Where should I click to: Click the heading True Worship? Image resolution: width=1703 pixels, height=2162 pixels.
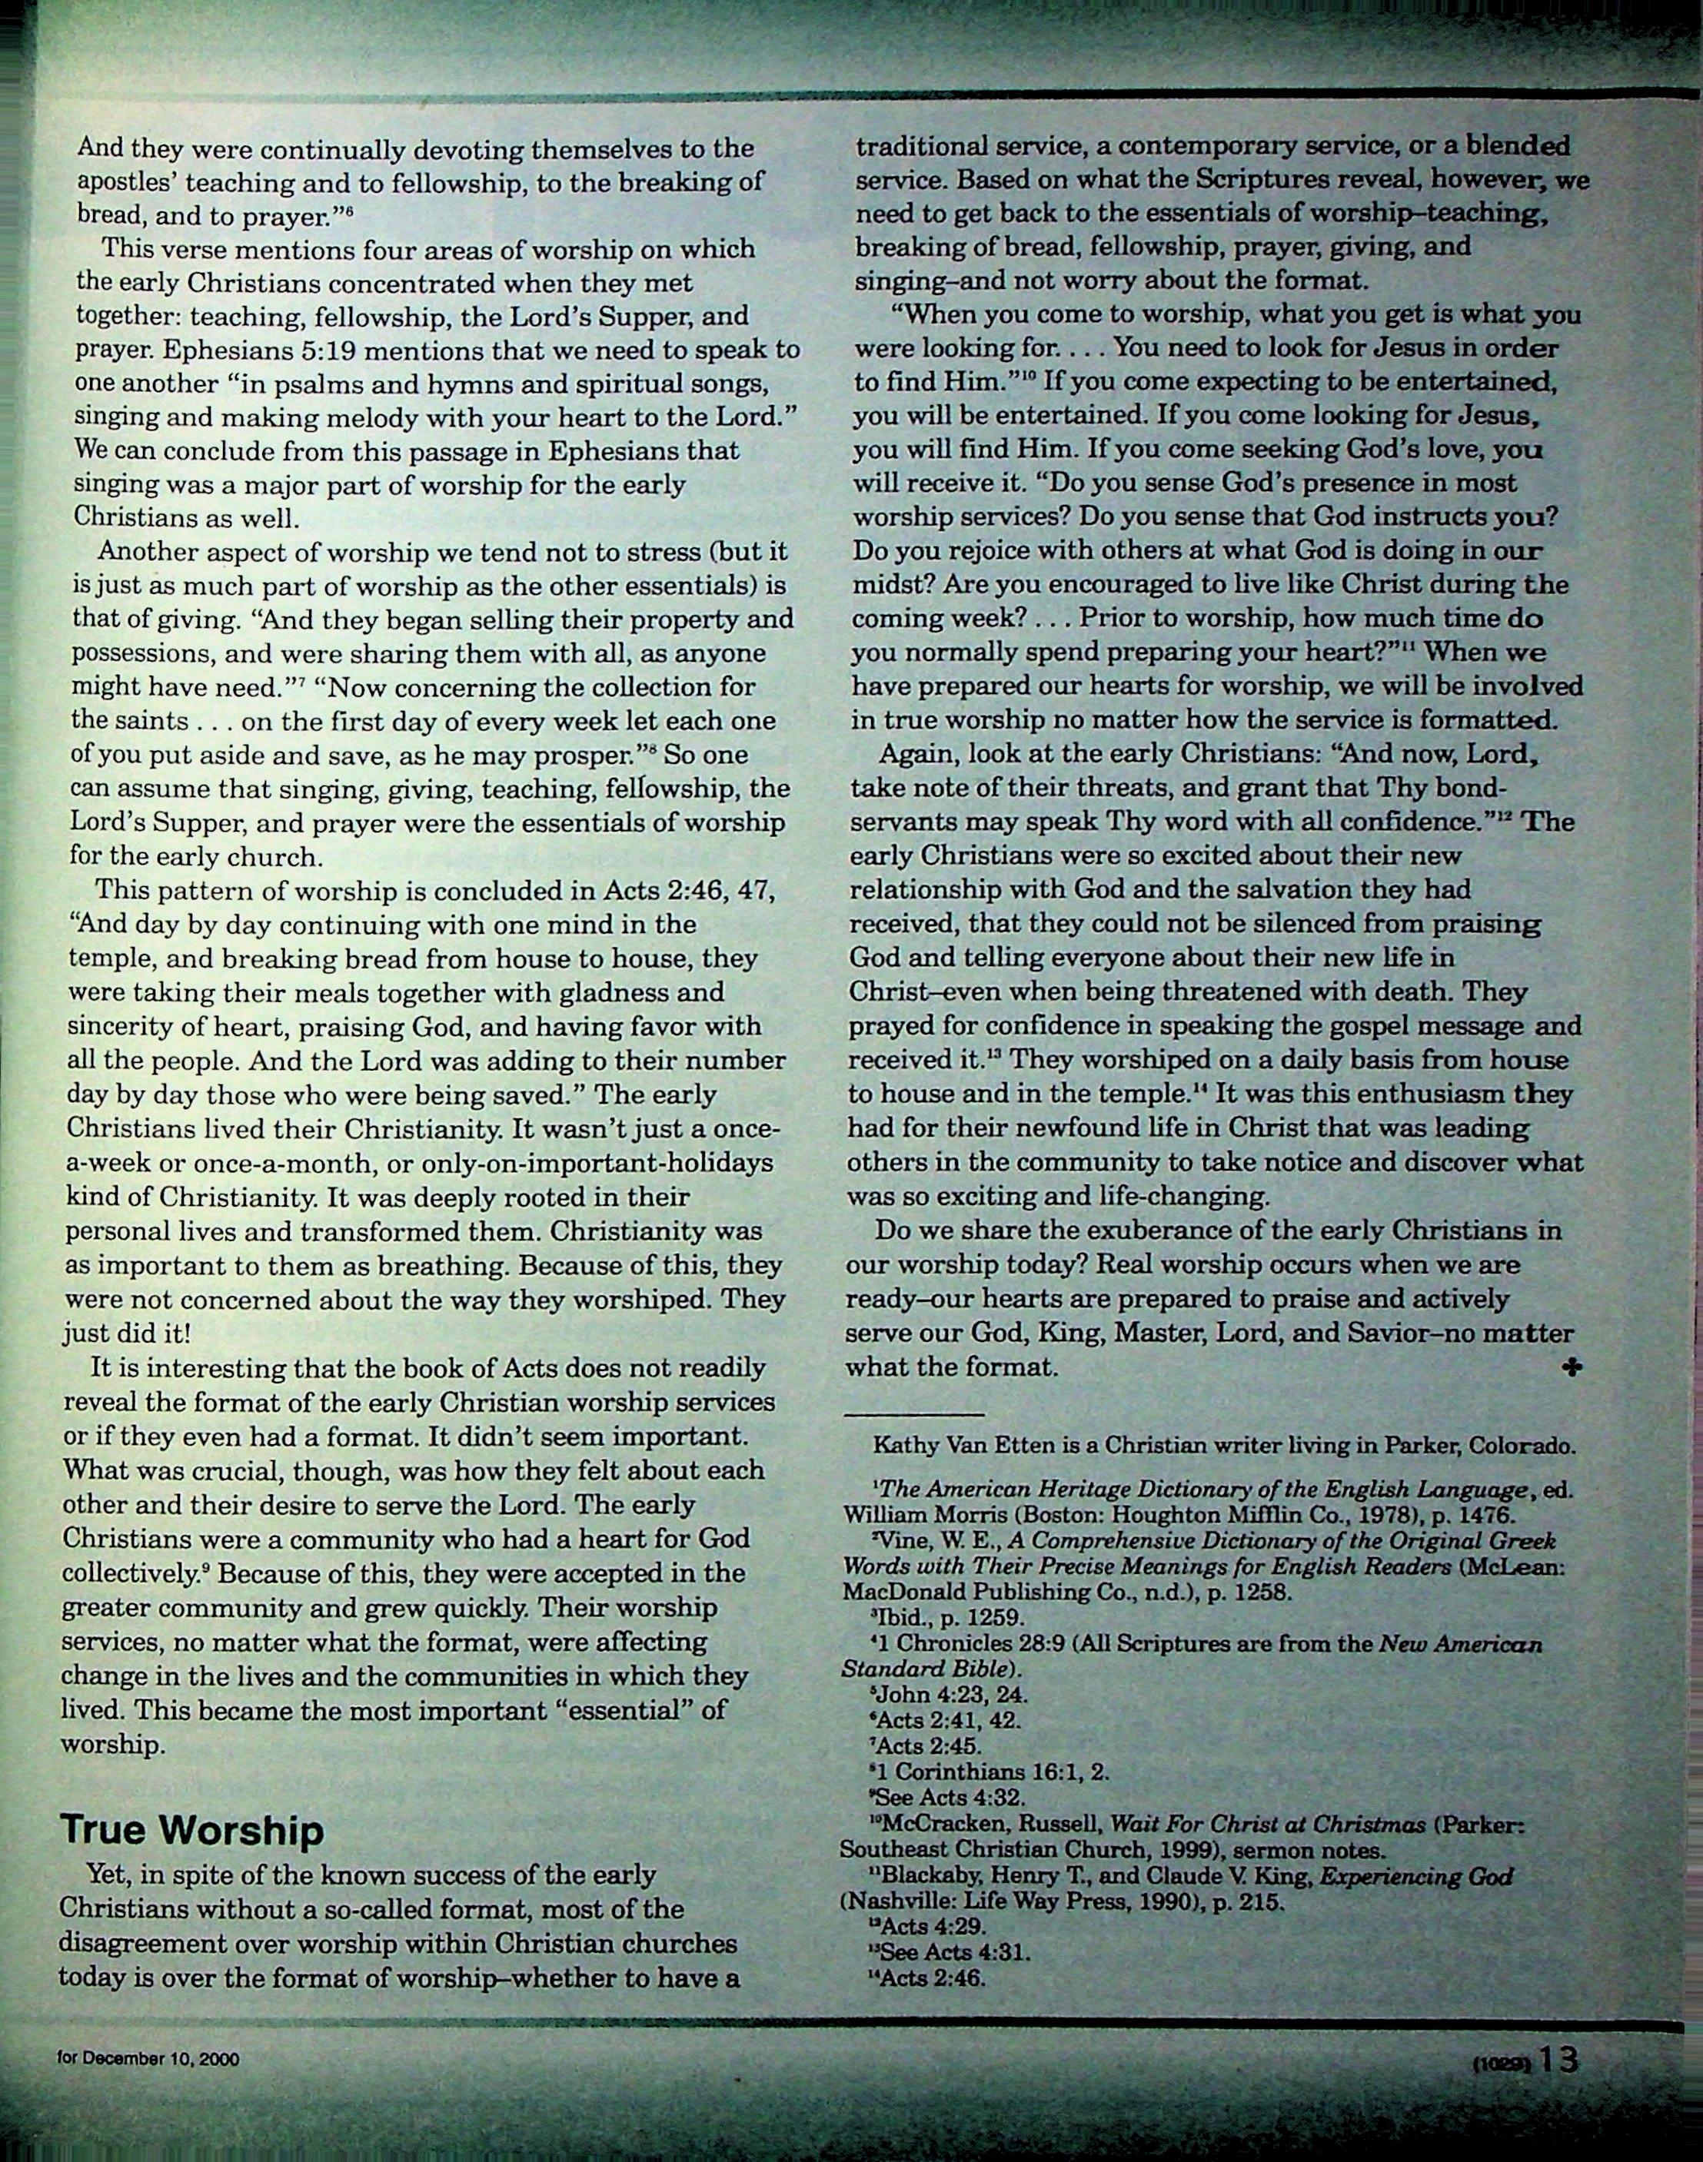coord(192,1830)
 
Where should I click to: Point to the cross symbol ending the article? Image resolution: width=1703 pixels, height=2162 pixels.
coord(1573,1369)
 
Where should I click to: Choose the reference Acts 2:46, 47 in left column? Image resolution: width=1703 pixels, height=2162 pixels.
coord(689,890)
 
